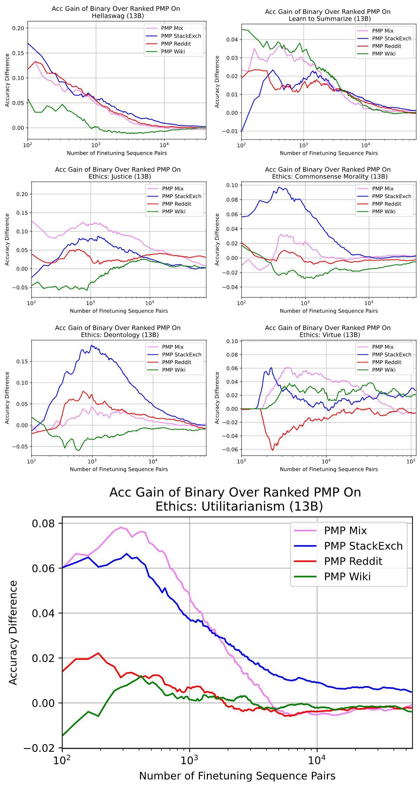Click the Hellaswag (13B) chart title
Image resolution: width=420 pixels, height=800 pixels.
(x=116, y=12)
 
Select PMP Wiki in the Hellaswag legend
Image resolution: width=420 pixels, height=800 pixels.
(x=173, y=51)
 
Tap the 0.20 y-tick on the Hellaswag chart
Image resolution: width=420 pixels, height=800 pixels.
(x=18, y=28)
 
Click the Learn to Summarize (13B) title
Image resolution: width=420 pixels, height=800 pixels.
(x=328, y=15)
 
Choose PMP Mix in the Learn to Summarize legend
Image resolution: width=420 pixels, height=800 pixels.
(x=383, y=31)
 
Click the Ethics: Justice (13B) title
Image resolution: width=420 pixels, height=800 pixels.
(x=118, y=173)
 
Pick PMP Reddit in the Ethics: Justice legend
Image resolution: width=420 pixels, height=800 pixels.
(x=176, y=204)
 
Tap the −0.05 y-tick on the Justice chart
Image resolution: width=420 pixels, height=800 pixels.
(x=20, y=288)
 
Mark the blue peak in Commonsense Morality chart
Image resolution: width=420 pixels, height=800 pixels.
(x=279, y=187)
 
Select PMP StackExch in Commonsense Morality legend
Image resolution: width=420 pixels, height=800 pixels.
(x=392, y=196)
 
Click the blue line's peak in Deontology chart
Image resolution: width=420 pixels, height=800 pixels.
(x=92, y=346)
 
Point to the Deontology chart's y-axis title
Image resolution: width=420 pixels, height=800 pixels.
(x=7, y=398)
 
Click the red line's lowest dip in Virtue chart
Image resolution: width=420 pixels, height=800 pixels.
(x=273, y=450)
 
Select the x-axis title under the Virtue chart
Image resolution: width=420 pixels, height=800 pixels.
(x=329, y=469)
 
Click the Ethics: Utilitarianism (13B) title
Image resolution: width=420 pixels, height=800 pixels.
(x=235, y=499)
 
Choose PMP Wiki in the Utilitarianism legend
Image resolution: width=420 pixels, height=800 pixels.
(x=347, y=576)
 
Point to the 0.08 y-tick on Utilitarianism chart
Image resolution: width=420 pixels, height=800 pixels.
(x=43, y=523)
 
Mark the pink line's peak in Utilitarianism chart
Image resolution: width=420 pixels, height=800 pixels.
(x=121, y=527)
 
